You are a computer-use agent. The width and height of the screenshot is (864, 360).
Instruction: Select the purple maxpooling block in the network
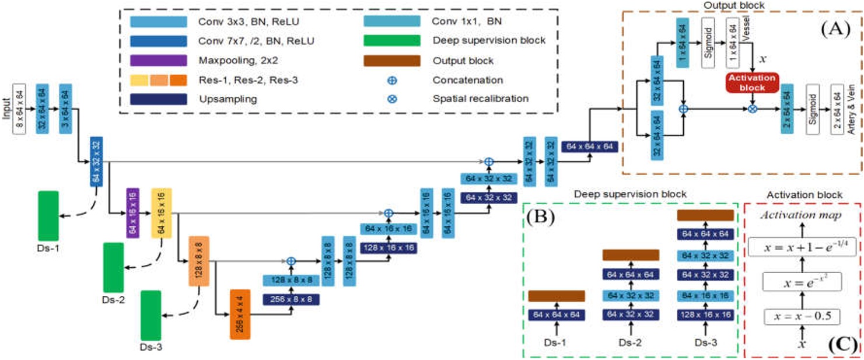coord(133,213)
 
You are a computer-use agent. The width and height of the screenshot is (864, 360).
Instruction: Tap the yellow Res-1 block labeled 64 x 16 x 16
coord(162,213)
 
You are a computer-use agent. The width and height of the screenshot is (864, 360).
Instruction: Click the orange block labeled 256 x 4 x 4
coord(240,314)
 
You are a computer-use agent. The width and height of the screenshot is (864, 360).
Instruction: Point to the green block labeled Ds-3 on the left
coord(151,315)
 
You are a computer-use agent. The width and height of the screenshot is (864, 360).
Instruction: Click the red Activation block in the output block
coord(753,83)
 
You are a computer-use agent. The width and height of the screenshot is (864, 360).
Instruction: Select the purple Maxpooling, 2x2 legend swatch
coord(159,61)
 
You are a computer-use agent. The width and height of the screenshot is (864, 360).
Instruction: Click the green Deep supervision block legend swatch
coord(392,40)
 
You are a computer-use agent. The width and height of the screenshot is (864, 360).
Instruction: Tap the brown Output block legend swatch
coord(392,61)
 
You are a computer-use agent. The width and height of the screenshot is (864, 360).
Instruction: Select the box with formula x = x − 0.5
coord(802,317)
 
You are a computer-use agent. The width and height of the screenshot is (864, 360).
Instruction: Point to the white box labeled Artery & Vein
coord(838,109)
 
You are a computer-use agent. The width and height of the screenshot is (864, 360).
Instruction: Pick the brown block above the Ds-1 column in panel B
coord(557,296)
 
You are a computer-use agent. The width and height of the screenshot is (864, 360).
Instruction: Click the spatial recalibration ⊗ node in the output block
coord(753,109)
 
